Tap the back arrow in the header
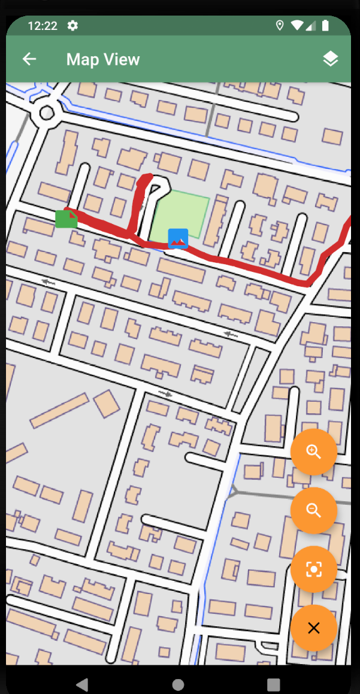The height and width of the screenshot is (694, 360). click(x=29, y=59)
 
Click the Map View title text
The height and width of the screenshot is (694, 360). click(x=103, y=59)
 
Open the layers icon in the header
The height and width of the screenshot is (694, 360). click(x=331, y=59)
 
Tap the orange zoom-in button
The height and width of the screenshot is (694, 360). click(x=314, y=452)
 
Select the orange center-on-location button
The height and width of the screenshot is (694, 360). click(x=314, y=569)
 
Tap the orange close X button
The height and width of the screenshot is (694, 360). click(x=314, y=628)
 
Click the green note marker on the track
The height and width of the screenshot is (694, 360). click(x=66, y=219)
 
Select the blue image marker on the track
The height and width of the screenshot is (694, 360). click(x=178, y=238)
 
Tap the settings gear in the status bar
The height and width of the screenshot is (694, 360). click(x=73, y=25)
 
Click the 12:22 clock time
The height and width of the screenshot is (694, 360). click(x=43, y=26)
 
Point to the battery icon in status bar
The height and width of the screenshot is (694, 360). click(x=325, y=25)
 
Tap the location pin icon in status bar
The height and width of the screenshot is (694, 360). click(x=279, y=25)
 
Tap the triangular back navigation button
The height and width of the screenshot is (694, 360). click(x=82, y=684)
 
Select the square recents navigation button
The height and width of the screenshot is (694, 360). click(x=274, y=684)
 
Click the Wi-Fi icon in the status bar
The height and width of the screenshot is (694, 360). click(x=297, y=25)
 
